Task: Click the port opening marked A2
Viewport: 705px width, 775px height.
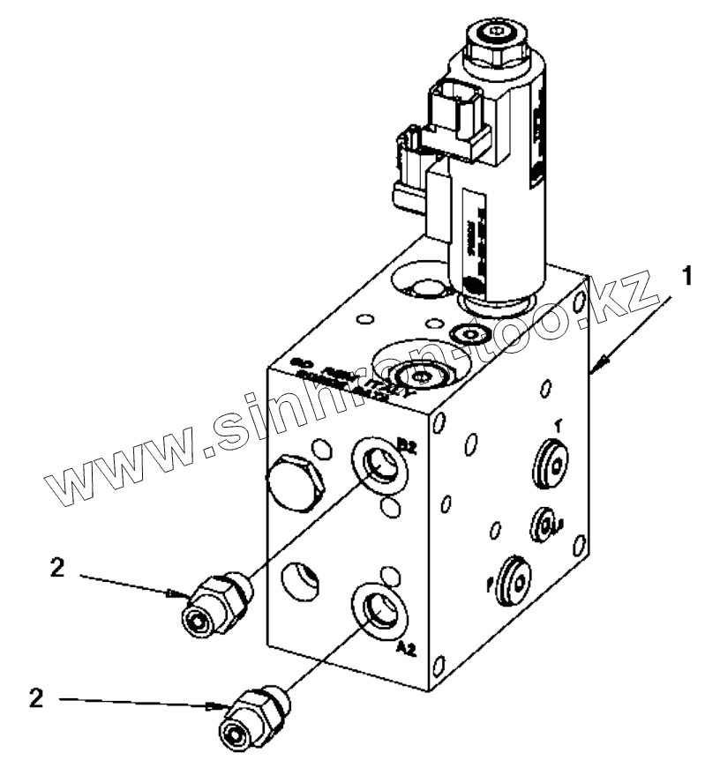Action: click(x=380, y=607)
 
